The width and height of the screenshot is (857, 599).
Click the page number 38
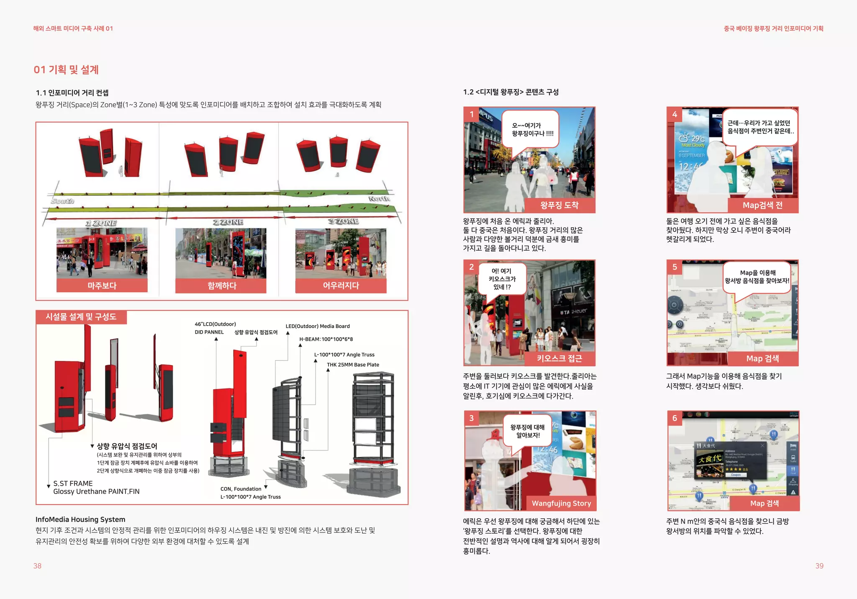tap(37, 566)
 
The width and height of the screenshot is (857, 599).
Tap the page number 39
tap(819, 566)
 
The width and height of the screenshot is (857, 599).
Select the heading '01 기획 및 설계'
tap(66, 69)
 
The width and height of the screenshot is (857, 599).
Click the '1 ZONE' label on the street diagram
tap(101, 223)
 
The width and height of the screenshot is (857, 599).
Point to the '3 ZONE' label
tap(343, 221)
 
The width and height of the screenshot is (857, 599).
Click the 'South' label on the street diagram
tap(62, 201)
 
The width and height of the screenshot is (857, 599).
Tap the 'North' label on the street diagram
tap(379, 198)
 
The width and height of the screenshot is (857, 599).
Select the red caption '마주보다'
tap(102, 285)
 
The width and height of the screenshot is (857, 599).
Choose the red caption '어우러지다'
tap(341, 285)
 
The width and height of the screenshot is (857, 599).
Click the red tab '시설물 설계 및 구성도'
tap(81, 317)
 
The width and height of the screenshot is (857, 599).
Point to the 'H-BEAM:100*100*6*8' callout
tap(326, 339)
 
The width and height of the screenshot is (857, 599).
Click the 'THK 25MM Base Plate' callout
tap(353, 365)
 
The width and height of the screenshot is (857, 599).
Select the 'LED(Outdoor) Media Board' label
tap(318, 326)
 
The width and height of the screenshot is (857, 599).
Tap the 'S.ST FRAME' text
tap(73, 483)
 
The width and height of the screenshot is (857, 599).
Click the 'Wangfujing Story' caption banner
tap(561, 503)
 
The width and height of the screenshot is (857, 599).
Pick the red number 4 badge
tap(675, 114)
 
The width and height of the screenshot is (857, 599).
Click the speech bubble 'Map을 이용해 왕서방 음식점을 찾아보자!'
tap(757, 277)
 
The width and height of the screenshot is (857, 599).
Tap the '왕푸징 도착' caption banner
tap(559, 205)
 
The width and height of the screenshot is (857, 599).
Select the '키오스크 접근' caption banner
tap(559, 358)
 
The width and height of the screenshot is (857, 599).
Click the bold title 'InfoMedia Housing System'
tap(80, 519)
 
